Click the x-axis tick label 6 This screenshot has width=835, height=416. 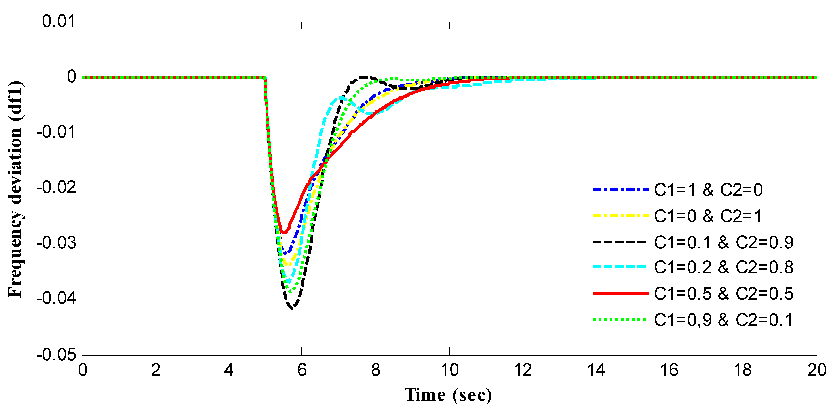point(302,370)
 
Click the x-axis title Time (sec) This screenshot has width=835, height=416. point(448,395)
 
